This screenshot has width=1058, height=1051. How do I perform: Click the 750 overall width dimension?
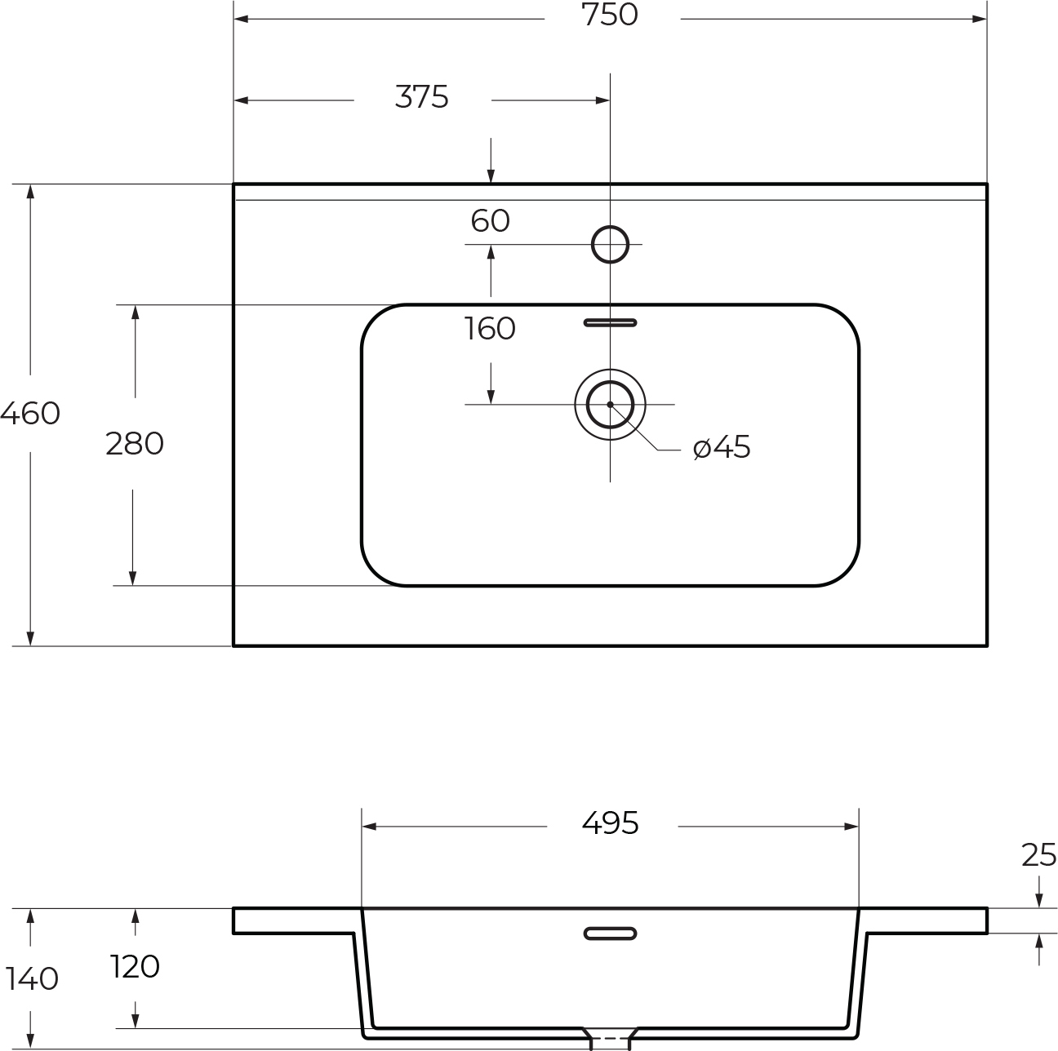[x=610, y=16]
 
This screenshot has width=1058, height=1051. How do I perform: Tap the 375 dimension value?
[x=422, y=97]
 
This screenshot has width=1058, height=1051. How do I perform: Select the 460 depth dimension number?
[x=30, y=413]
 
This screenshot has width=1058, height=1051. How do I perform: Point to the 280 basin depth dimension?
[x=135, y=443]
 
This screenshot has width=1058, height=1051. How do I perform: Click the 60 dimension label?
[x=491, y=220]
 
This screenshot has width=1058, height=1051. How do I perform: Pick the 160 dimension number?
[x=491, y=329]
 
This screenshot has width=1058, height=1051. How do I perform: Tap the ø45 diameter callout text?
[x=722, y=446]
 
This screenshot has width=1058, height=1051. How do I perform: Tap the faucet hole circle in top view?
[x=610, y=226]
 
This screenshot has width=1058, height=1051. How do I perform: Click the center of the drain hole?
[x=610, y=405]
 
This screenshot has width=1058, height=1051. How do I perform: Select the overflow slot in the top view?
[x=610, y=322]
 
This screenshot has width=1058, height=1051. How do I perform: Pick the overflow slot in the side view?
[x=610, y=933]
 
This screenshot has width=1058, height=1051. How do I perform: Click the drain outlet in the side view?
[x=610, y=1039]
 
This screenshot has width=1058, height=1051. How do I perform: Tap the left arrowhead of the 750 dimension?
[x=241, y=20]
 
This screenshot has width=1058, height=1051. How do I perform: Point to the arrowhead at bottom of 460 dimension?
[x=30, y=639]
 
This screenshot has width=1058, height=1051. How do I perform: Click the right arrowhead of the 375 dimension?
[x=602, y=100]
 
